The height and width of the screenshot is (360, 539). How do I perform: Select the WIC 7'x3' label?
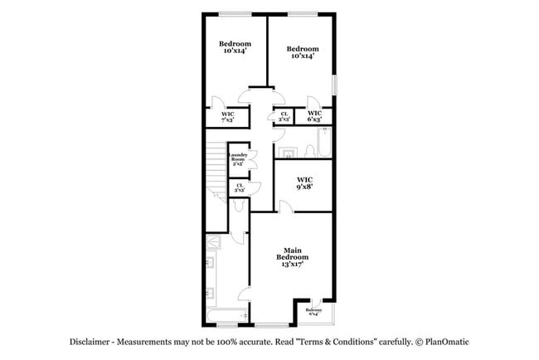coord(227,117)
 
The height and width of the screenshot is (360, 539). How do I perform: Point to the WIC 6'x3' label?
coord(315,117)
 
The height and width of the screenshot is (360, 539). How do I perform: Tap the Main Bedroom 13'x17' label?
coord(292,256)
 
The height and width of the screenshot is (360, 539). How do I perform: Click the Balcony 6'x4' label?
coord(314,313)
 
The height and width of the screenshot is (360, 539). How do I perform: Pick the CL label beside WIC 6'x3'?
coord(284,117)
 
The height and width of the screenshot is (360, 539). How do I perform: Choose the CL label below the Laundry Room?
coord(240,187)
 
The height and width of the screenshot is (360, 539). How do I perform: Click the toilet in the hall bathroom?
coord(289,152)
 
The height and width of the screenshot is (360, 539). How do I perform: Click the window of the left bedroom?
coord(235,12)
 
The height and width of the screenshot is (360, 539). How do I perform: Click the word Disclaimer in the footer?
coord(90,342)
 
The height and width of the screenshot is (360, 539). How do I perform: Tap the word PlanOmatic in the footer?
coord(449,342)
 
